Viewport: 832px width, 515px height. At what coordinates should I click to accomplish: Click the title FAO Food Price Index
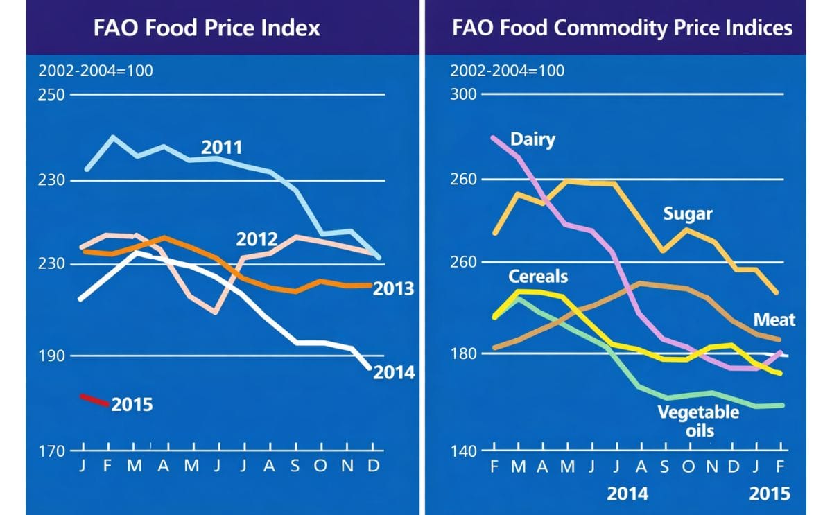coord(207,28)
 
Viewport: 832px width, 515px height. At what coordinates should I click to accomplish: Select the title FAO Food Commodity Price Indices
coord(622,28)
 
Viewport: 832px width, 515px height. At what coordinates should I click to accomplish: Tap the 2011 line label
coord(222,148)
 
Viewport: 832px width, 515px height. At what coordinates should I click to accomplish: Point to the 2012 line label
coord(257,240)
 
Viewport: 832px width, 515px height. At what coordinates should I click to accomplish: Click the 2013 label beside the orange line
coord(393,289)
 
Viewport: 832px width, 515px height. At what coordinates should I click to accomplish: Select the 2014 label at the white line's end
coord(394,373)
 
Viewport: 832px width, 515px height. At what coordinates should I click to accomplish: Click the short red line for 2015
coord(95,401)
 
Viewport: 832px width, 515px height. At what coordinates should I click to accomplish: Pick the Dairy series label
coord(532,139)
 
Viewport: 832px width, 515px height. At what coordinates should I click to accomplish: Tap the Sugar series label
coord(688,213)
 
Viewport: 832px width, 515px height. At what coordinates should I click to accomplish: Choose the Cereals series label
coord(538,277)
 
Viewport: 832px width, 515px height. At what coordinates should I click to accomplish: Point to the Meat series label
coord(774,320)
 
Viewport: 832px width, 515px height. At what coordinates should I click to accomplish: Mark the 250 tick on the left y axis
coord(51,94)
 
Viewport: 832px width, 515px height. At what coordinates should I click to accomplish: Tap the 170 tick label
coord(51,451)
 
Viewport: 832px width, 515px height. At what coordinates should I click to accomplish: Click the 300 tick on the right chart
coord(464,94)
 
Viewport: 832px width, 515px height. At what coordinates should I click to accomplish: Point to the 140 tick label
coord(464,451)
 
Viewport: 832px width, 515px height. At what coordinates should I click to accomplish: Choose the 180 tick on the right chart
coord(464,354)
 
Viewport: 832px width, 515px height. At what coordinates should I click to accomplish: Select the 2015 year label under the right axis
coord(770,494)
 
